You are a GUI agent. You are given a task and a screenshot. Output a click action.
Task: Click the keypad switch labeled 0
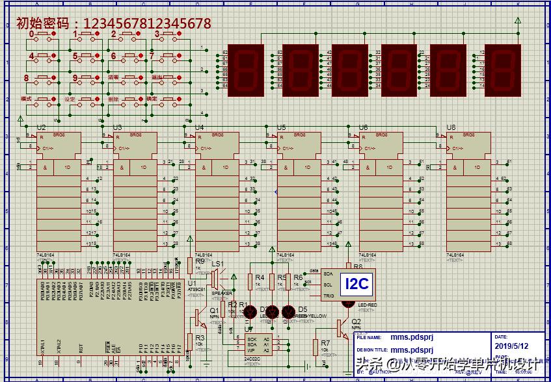pyautogui.click(x=43, y=36)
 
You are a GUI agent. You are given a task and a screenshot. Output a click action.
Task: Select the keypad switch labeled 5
pyautogui.click(x=87, y=57)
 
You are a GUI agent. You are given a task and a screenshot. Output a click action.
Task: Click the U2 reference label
pyautogui.click(x=41, y=127)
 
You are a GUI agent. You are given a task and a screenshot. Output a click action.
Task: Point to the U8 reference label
pyautogui.click(x=451, y=127)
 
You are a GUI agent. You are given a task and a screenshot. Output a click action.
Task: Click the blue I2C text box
pyautogui.click(x=356, y=284)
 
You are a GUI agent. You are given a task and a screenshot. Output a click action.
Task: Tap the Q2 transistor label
pyautogui.click(x=356, y=322)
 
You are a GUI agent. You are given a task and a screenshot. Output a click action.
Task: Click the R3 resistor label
pyautogui.click(x=200, y=338)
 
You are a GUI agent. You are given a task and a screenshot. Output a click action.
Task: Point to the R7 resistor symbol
pyautogui.click(x=316, y=348)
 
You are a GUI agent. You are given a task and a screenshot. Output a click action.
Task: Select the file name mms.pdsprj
pyautogui.click(x=407, y=337)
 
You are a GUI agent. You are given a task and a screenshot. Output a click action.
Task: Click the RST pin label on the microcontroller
pyautogui.click(x=81, y=348)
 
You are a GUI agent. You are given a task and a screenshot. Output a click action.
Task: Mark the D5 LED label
pyautogui.click(x=302, y=309)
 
